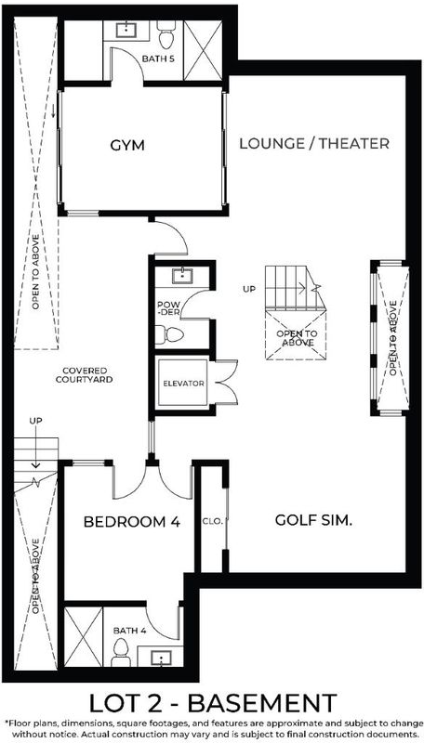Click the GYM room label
tap(127, 146)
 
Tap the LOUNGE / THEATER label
tap(314, 144)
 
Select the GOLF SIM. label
tap(313, 520)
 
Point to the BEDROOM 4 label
tap(132, 522)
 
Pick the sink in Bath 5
tap(126, 30)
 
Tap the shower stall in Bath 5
tap(203, 49)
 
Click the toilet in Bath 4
tap(121, 652)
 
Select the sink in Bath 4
tap(161, 658)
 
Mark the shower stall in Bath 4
tap(83, 637)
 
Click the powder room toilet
tap(169, 335)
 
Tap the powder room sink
tap(181, 276)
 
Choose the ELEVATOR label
tap(183, 384)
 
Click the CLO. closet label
tap(213, 521)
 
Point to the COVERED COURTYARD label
tap(85, 375)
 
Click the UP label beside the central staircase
tap(249, 288)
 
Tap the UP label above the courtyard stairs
tap(35, 421)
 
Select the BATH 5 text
tap(155, 59)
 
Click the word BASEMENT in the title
tap(263, 704)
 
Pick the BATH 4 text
tap(126, 631)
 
